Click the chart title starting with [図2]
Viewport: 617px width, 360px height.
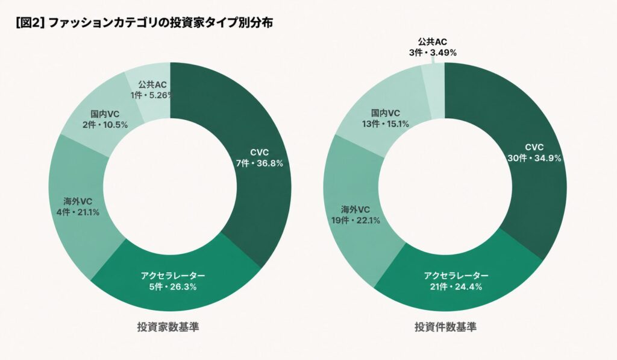[x=145, y=22]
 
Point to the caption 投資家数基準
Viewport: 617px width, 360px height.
[x=168, y=327]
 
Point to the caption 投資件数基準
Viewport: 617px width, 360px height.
[x=445, y=327]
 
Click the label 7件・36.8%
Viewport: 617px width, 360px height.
[x=260, y=163]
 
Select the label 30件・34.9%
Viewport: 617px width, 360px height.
[x=534, y=158]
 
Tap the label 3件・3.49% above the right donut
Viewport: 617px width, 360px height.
[x=433, y=52]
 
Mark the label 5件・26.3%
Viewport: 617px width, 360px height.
[x=173, y=287]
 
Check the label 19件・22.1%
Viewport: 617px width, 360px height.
[x=355, y=221]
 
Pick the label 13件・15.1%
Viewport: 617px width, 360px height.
[x=386, y=124]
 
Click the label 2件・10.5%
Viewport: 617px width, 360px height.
[x=105, y=125]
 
